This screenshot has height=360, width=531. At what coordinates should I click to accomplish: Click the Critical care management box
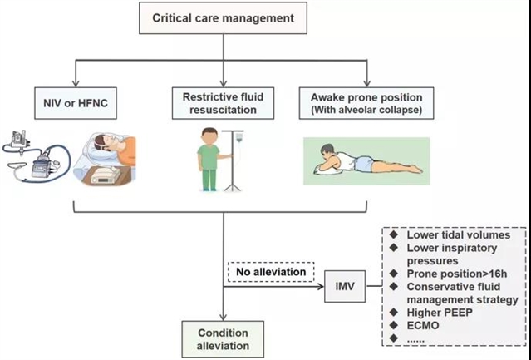tap(223, 17)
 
